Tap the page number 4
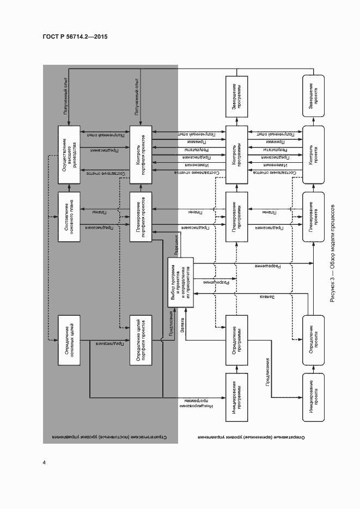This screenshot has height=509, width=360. [44, 463]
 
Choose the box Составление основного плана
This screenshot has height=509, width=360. [69, 216]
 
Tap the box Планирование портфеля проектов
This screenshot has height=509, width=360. [141, 216]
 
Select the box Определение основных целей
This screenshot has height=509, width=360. [69, 340]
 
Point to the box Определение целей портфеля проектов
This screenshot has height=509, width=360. [141, 340]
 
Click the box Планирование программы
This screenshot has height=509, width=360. [237, 216]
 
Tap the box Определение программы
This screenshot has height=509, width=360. [237, 340]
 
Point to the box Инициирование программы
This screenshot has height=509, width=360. [237, 396]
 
